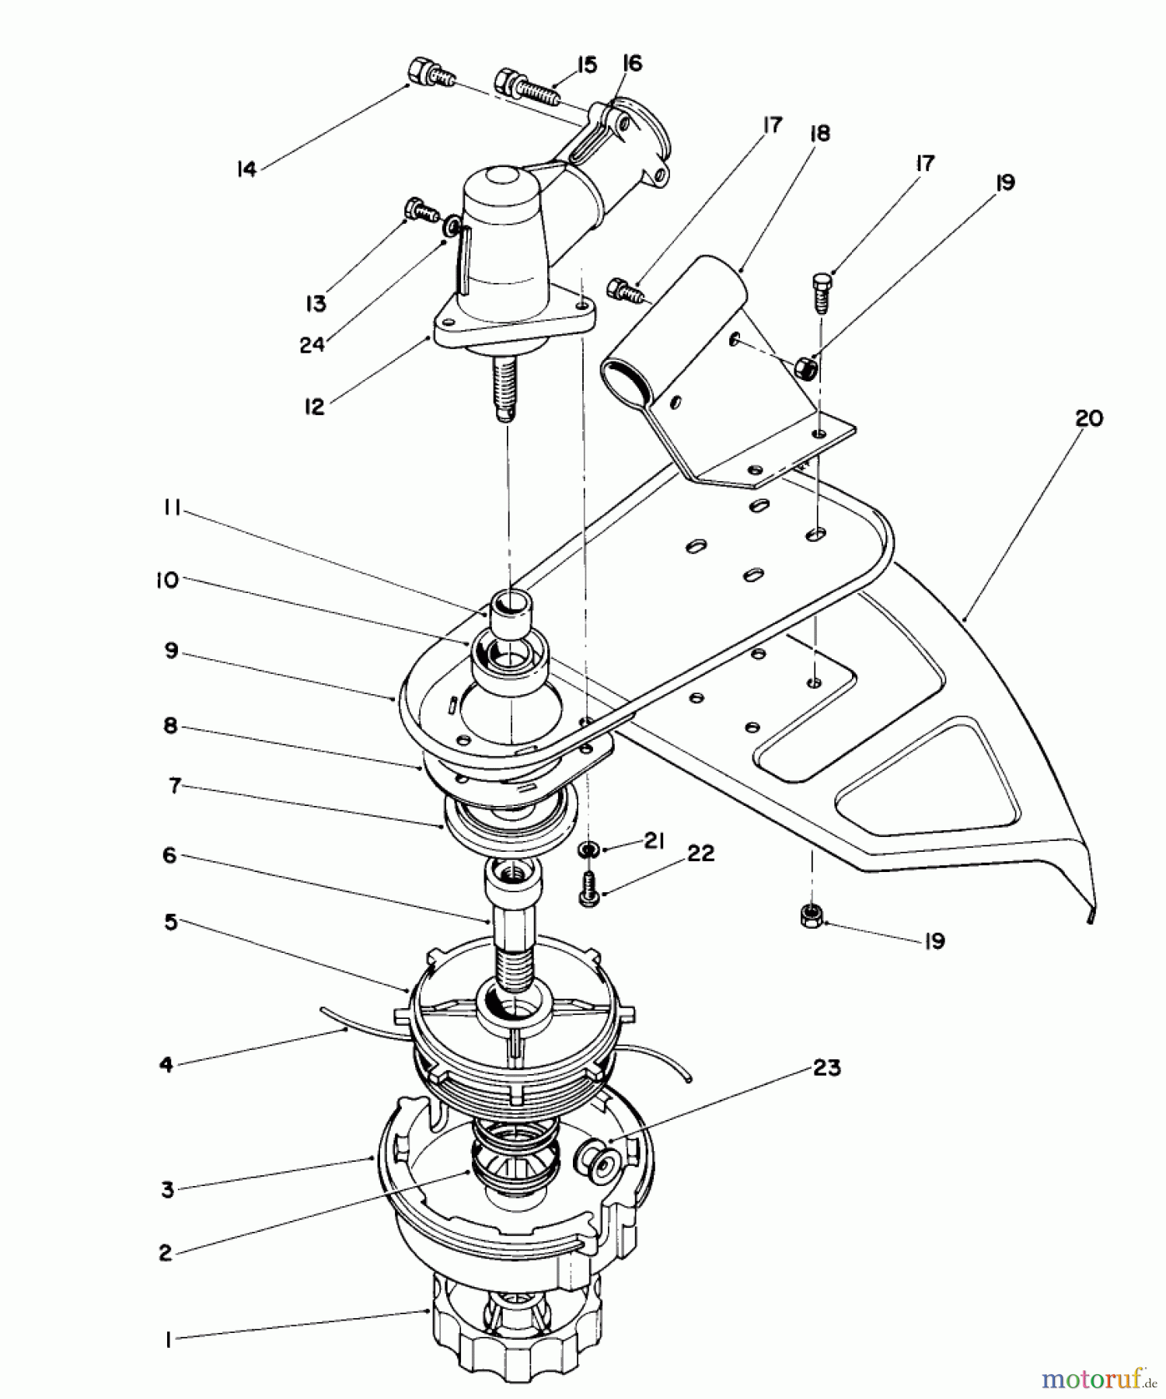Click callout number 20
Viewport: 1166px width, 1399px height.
point(1088,418)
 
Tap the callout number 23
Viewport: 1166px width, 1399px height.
point(826,1068)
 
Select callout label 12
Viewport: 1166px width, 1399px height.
point(314,407)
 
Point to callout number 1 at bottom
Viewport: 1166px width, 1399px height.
point(168,1341)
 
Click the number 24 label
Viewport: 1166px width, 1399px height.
point(312,344)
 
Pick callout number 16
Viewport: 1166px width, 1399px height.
point(633,64)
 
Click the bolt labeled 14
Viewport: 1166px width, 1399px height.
point(426,72)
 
